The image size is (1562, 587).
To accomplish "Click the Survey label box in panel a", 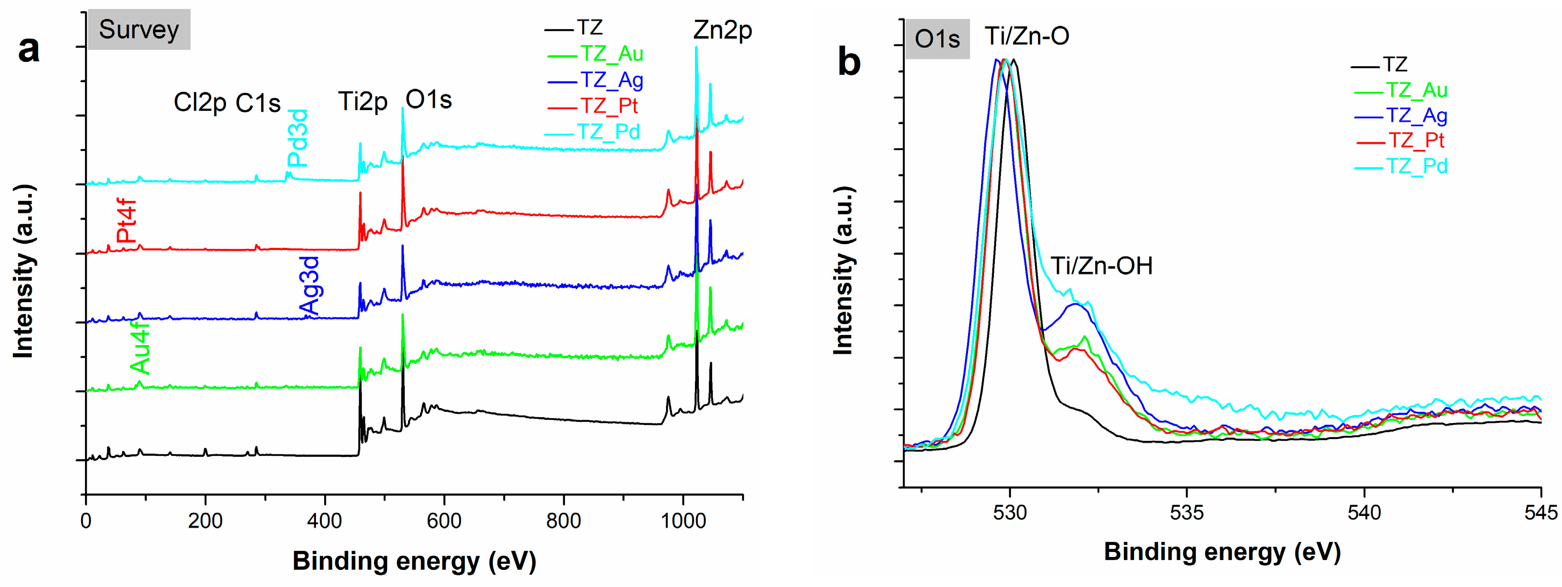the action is click(139, 29).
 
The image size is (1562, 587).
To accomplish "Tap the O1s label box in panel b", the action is click(937, 39).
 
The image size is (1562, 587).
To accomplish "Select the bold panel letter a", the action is click(28, 49).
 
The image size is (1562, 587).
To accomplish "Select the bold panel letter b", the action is click(849, 62).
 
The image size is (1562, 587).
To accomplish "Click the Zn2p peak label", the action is click(723, 30).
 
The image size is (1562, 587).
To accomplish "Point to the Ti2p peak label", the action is click(363, 101).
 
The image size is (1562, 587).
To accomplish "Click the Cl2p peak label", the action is click(199, 103).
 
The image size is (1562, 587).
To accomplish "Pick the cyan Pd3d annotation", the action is click(298, 138).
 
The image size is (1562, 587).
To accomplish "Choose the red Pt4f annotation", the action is click(127, 221).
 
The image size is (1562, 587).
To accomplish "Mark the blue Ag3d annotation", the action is click(310, 285).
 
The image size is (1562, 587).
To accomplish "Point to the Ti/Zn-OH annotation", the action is click(1101, 266).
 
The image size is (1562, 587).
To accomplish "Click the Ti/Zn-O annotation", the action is click(1027, 36).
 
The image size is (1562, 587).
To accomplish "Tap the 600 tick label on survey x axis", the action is click(445, 520).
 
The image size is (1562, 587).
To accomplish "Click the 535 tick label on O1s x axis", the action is click(1187, 512).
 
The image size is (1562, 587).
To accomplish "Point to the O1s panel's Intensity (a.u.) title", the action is click(843, 270).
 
